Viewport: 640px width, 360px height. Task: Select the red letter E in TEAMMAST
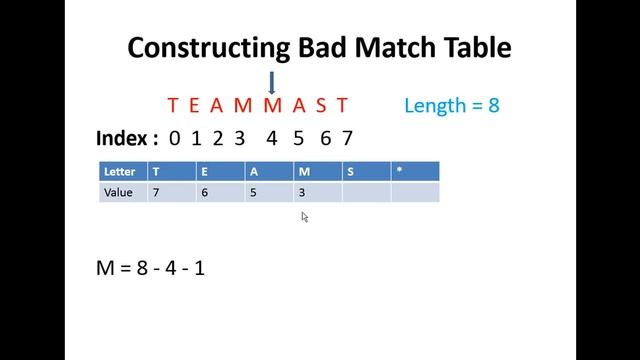(195, 105)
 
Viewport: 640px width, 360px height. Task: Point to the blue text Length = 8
(451, 105)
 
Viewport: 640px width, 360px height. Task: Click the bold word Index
(126, 138)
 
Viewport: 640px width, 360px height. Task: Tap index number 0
(175, 138)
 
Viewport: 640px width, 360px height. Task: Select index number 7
(346, 138)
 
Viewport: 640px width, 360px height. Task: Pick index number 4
(271, 138)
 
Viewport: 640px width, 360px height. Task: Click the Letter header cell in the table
(120, 172)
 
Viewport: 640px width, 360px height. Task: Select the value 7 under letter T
(156, 191)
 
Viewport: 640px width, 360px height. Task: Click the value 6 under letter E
(204, 191)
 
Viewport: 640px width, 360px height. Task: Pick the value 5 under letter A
(253, 191)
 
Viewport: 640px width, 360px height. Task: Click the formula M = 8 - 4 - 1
(150, 267)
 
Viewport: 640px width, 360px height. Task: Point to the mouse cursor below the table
(305, 216)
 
